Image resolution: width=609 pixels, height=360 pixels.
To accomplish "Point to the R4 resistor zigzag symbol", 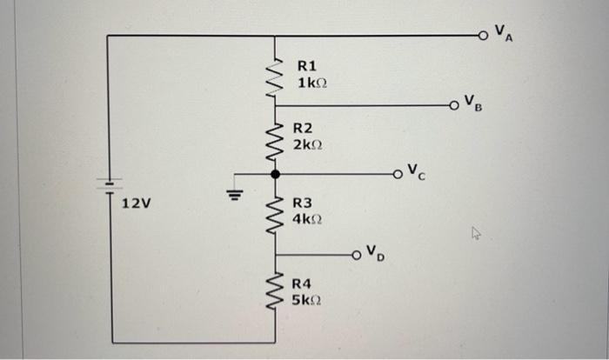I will tap(276, 290).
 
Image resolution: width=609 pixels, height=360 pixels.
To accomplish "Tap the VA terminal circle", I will tap(483, 37).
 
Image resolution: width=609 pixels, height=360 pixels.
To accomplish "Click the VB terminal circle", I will tap(454, 107).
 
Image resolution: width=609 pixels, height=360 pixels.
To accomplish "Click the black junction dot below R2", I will tap(276, 175).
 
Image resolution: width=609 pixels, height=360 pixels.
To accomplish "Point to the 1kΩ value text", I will tap(312, 83).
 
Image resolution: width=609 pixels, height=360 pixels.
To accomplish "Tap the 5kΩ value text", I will tap(309, 300).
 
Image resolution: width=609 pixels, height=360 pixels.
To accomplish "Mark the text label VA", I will tap(503, 32).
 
